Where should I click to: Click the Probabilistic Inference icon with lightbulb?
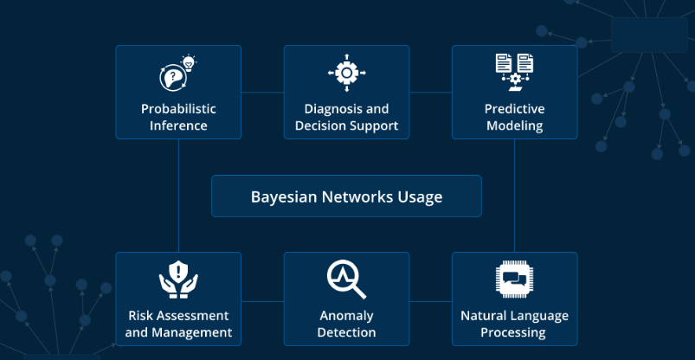[177, 74]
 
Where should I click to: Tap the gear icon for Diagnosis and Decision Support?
[346, 74]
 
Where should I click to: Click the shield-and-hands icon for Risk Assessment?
[178, 279]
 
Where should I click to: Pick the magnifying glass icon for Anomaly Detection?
[346, 279]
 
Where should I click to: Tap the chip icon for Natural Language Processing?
[514, 279]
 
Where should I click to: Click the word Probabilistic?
[178, 109]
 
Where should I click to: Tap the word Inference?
[178, 125]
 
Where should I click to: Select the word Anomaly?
[346, 316]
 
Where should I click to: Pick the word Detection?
[346, 332]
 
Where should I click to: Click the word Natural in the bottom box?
[484, 316]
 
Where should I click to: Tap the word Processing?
[514, 332]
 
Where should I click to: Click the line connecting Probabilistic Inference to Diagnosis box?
[262, 92]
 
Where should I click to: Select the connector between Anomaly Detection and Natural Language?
[430, 300]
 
